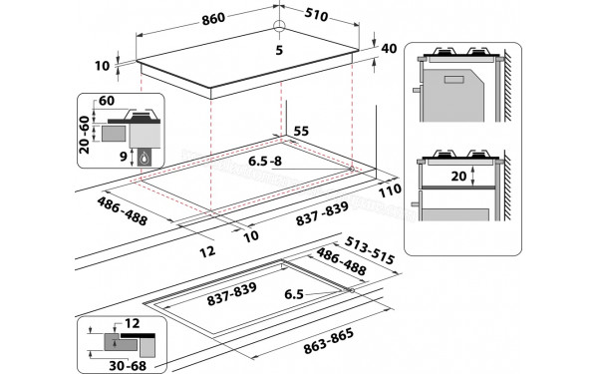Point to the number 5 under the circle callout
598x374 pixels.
coord(280,48)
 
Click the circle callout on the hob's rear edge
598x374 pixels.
coord(280,26)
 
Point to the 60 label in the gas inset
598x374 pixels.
coord(108,102)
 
